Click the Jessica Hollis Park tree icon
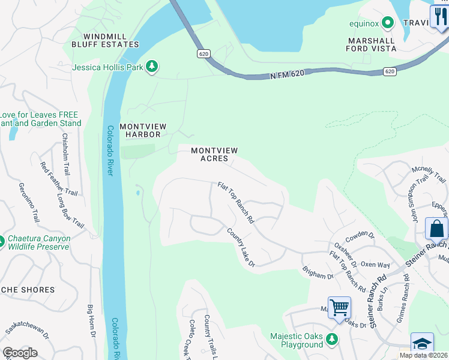pos(152,67)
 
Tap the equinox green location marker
pos(388,23)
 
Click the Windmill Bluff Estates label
pos(105,40)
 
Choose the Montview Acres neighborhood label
pos(214,154)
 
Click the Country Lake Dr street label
pos(241,247)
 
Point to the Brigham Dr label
pos(318,273)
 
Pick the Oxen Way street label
pos(375,265)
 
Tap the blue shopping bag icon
pos(436,229)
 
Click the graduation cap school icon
pos(422,344)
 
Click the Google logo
pos(20,353)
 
